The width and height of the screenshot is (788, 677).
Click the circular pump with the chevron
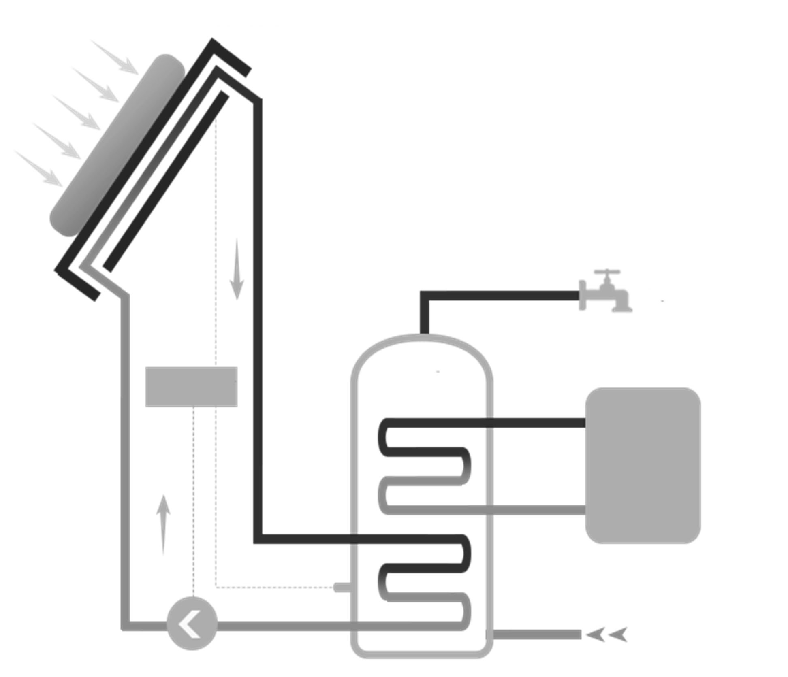[192, 626]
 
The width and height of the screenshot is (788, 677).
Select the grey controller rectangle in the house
[191, 387]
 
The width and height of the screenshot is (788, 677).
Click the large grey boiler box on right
[643, 466]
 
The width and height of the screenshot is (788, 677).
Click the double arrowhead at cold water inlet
[606, 635]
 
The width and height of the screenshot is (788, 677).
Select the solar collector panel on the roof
[117, 146]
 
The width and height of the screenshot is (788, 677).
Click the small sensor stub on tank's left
[341, 588]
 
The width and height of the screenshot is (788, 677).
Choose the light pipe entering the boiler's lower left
[539, 509]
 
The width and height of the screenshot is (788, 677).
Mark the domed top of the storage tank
[421, 340]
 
